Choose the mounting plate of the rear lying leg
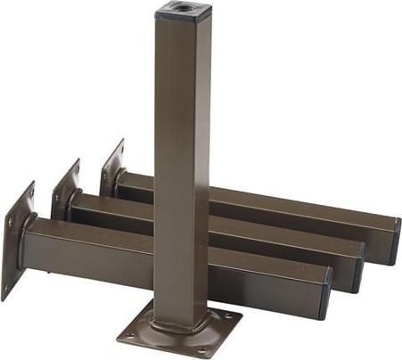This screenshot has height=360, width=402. point(111,168)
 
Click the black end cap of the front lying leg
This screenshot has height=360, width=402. point(325,293)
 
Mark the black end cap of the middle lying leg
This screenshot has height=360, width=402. point(359,265)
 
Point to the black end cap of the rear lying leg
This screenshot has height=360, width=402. point(393,241)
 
